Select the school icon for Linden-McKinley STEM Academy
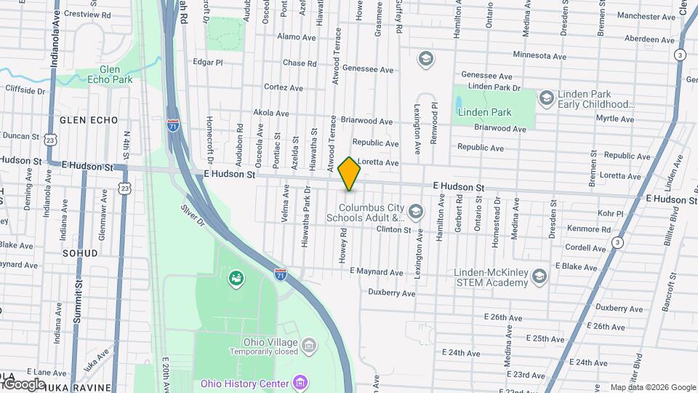[539, 276]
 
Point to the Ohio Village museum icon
[308, 343]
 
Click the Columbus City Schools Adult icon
[416, 212]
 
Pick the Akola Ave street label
[271, 114]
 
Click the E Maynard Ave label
[376, 272]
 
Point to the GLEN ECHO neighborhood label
[84, 119]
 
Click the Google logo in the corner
[24, 384]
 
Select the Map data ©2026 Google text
[652, 387]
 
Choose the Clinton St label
[393, 230]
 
